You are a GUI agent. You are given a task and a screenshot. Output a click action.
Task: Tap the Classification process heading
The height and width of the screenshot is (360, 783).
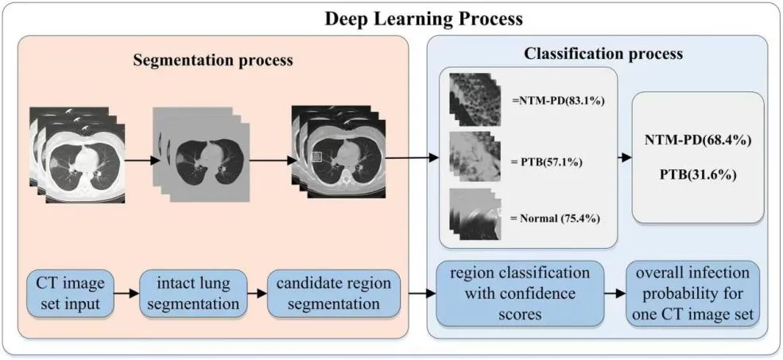pyautogui.click(x=603, y=54)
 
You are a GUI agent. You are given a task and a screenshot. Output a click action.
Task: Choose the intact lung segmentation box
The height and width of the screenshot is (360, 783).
pyautogui.click(x=193, y=292)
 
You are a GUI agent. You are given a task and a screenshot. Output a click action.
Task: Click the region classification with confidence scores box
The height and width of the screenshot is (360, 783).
pyautogui.click(x=519, y=292)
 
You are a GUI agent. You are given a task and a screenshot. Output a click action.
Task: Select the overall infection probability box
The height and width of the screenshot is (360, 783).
pyautogui.click(x=692, y=292)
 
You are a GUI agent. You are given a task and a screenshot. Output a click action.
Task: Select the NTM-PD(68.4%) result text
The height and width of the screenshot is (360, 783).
pyautogui.click(x=700, y=140)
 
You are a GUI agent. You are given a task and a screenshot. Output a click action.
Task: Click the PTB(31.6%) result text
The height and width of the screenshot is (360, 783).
pyautogui.click(x=700, y=171)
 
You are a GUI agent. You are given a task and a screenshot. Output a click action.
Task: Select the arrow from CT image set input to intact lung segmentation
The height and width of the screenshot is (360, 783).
pyautogui.click(x=127, y=292)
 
